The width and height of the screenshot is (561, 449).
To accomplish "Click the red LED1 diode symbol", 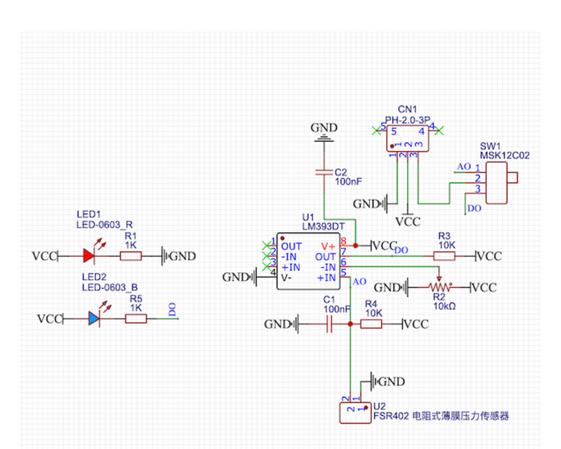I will pos(89,256).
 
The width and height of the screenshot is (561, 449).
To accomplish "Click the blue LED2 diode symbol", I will pos(94,319).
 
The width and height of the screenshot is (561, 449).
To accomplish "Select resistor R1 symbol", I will pos(131,256).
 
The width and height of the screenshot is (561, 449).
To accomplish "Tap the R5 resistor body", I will pos(136,319).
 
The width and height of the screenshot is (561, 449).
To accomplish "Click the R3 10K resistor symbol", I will pos(444,256).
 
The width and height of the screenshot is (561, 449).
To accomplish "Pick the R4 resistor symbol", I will pos(371,324).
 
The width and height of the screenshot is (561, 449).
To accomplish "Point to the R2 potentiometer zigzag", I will pos(440,287).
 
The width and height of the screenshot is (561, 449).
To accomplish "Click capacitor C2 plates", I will pos(324,172).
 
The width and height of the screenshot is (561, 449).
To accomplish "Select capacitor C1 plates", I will pos(329,324).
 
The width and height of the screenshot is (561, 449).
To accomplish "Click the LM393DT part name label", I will pos(323,227).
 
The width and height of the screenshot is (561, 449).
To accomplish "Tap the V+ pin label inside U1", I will pos(328,247).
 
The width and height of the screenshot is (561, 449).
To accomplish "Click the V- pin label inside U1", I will pos(286,278).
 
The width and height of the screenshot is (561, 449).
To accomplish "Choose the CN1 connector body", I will pos(407,138).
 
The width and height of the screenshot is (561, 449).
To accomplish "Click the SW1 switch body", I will pos(496,183).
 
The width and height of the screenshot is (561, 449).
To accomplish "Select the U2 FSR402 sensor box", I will pos(355,413).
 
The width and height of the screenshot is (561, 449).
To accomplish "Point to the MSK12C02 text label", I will pos(505,156).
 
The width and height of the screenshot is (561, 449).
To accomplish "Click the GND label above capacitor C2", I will pos(324,128).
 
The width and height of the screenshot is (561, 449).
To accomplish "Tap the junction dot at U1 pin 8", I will pos(355,246).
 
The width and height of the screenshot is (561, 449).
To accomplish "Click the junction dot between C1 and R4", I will pos(350,324).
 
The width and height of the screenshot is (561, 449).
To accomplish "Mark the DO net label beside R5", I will pos(172,310).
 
